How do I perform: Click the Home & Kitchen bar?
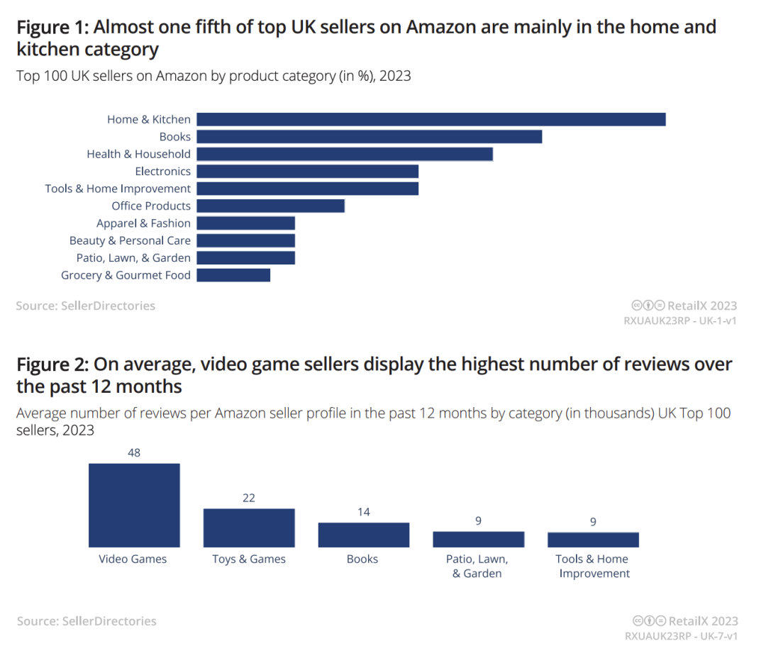tap(431, 119)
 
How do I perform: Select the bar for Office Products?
tap(270, 206)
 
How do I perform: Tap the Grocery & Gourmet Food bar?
tap(233, 275)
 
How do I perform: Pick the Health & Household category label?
tap(138, 154)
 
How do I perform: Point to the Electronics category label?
tap(162, 171)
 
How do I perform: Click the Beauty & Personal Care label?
tap(130, 240)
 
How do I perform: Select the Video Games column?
tap(134, 505)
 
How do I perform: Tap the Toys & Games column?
tap(249, 528)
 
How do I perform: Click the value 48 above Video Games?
tap(134, 453)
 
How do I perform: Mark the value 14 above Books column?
tap(364, 512)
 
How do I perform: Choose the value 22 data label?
tap(249, 498)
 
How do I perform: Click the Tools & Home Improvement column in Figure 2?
tap(593, 540)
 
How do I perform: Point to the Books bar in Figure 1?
tap(369, 137)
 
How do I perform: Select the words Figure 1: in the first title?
tap(52, 28)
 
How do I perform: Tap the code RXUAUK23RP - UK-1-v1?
tap(681, 321)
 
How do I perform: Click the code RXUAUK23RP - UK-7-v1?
tap(681, 636)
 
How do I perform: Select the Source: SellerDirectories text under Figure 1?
tap(86, 306)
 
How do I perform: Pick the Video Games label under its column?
tap(133, 559)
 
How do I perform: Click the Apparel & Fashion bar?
tap(245, 223)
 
